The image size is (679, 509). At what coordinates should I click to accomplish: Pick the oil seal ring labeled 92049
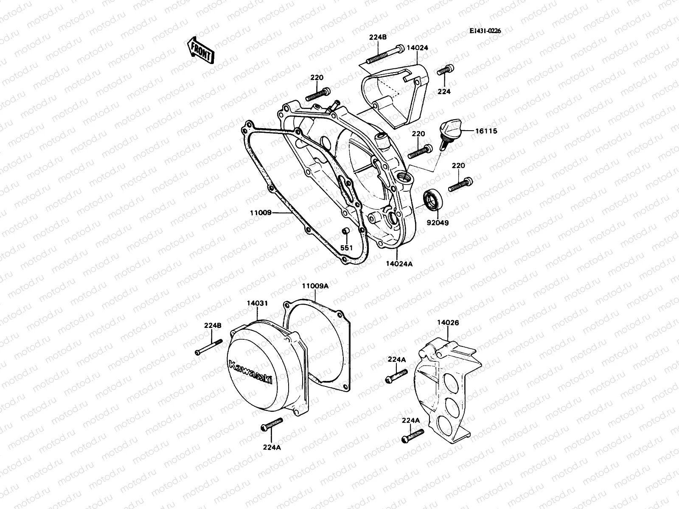point(433,200)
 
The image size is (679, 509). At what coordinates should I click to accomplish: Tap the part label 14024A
point(399,263)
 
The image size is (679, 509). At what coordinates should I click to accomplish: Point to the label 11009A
point(315,286)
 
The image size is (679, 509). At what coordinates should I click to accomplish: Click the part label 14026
point(448,323)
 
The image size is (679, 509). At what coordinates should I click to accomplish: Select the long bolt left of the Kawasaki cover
point(209,347)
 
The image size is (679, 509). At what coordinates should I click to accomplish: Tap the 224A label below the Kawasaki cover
point(271,446)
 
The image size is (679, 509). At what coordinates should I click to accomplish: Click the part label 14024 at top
point(417,48)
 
